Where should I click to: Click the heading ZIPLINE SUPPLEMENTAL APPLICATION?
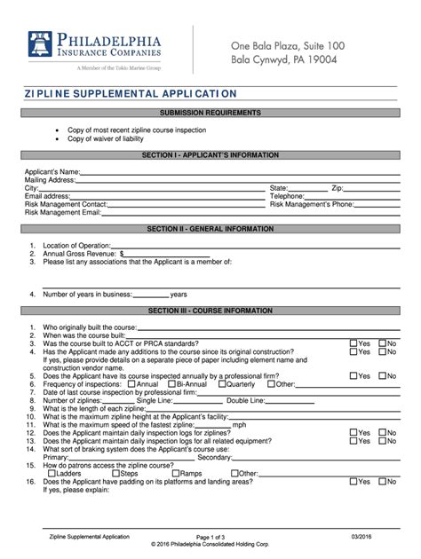(131, 93)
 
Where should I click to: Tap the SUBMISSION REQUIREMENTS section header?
(210, 114)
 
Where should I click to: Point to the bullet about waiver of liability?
(108, 138)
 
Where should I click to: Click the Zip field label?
(337, 188)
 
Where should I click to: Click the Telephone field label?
(287, 196)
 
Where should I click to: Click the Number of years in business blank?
(151, 295)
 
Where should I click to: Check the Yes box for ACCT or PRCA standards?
(353, 342)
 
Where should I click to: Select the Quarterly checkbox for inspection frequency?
(222, 384)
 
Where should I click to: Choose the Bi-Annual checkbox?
(175, 384)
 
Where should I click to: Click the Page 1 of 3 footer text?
(210, 538)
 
